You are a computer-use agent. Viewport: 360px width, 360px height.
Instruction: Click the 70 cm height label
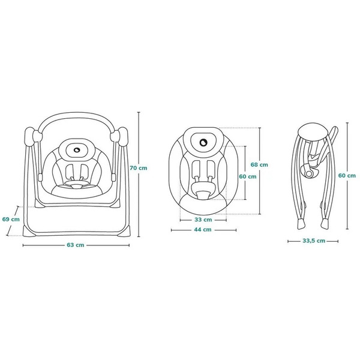[x=139, y=168]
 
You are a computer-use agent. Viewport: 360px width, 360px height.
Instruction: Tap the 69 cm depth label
[x=11, y=219]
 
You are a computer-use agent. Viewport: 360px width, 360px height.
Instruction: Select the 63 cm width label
[x=76, y=245]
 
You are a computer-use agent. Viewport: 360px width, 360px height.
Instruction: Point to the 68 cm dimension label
[x=259, y=164]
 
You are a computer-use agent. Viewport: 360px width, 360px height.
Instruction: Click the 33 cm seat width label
[x=203, y=220]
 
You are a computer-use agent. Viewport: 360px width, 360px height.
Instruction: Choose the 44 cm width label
[x=203, y=229]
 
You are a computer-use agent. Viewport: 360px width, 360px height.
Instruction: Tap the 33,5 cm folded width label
[x=314, y=241]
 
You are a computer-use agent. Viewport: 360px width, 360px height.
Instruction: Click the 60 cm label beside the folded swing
[x=347, y=175]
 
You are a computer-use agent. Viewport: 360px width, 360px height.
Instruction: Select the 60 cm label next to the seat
[x=248, y=176]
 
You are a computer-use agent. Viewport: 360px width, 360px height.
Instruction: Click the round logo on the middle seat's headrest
[x=203, y=143]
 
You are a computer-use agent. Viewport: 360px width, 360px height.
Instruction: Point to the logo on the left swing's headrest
[x=77, y=149]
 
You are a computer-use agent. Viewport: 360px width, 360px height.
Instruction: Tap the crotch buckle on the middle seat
[x=203, y=195]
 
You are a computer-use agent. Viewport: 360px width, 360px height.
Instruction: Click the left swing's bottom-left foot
[x=29, y=231]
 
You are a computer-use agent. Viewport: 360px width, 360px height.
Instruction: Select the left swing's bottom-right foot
[x=124, y=230]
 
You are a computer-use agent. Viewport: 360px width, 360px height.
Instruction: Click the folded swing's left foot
[x=301, y=224]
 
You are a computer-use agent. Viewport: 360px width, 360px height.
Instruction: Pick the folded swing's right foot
[x=325, y=223]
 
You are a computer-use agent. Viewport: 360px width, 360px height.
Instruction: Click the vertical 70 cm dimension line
[x=139, y=174]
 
